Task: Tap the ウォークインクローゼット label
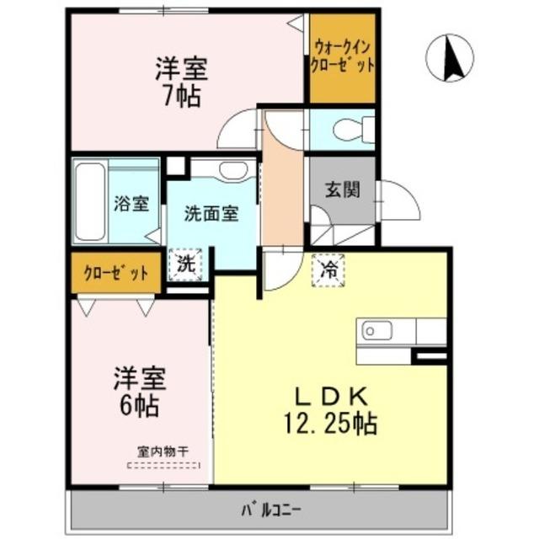click(x=342, y=56)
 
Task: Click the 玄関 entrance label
click(x=342, y=189)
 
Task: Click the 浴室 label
click(x=131, y=203)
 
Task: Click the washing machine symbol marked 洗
click(x=185, y=264)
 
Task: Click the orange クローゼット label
click(x=116, y=274)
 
